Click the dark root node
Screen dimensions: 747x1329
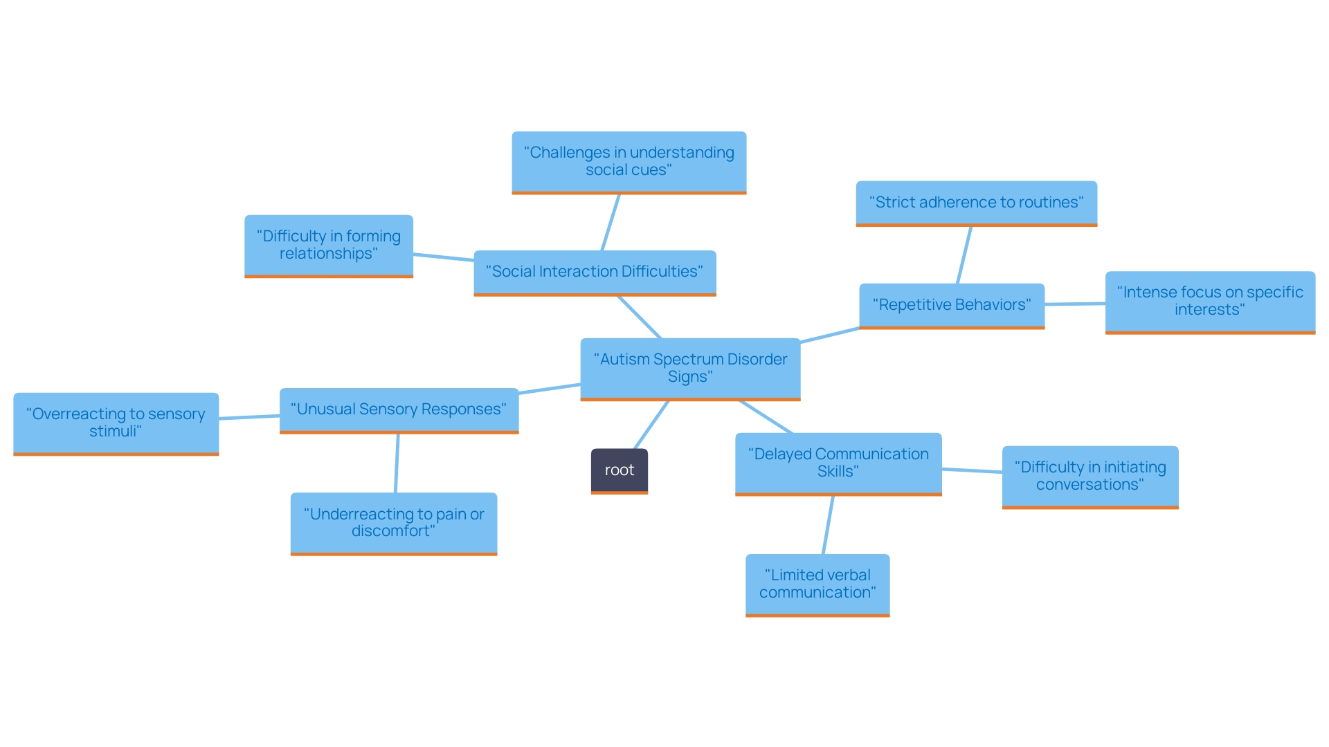coord(619,470)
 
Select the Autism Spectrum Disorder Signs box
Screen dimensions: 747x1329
coord(690,368)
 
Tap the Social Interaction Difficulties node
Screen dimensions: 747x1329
coord(595,272)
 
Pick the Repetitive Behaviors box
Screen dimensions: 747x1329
coord(951,305)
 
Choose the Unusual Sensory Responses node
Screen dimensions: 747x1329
coord(399,409)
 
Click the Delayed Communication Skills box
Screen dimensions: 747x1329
coord(838,463)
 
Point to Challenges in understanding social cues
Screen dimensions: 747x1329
coord(629,161)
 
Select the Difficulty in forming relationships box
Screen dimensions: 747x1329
coord(329,245)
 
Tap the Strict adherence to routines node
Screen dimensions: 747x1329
coord(976,203)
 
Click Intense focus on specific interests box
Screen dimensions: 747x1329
coord(1210,302)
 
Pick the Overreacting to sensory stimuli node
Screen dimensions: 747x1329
coord(116,423)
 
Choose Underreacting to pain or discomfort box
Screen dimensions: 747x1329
coord(394,523)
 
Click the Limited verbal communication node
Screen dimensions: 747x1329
coord(817,584)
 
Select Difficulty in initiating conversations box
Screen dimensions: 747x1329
coord(1090,476)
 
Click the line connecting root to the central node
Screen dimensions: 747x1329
coord(651,425)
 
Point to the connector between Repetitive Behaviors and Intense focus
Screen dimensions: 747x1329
coord(1075,304)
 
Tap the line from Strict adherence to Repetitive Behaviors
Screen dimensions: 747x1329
coord(964,255)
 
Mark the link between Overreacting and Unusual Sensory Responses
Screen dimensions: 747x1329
coord(249,417)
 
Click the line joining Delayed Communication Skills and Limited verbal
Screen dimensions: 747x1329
coord(828,525)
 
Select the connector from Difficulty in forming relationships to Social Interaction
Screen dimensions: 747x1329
coord(444,257)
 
